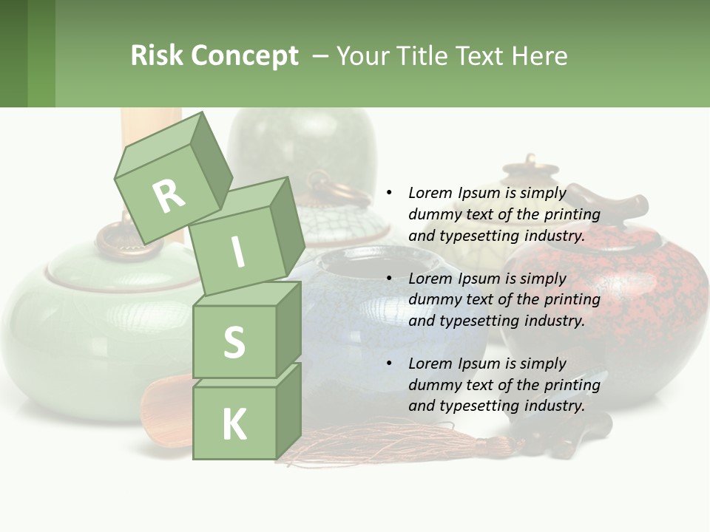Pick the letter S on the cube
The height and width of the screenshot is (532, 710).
tap(234, 342)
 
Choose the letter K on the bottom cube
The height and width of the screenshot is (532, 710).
tap(234, 424)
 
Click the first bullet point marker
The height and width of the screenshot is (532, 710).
tap(389, 193)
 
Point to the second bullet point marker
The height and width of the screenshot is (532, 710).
tap(389, 279)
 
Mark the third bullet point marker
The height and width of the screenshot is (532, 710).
tap(389, 364)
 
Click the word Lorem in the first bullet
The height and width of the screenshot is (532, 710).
tap(430, 193)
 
